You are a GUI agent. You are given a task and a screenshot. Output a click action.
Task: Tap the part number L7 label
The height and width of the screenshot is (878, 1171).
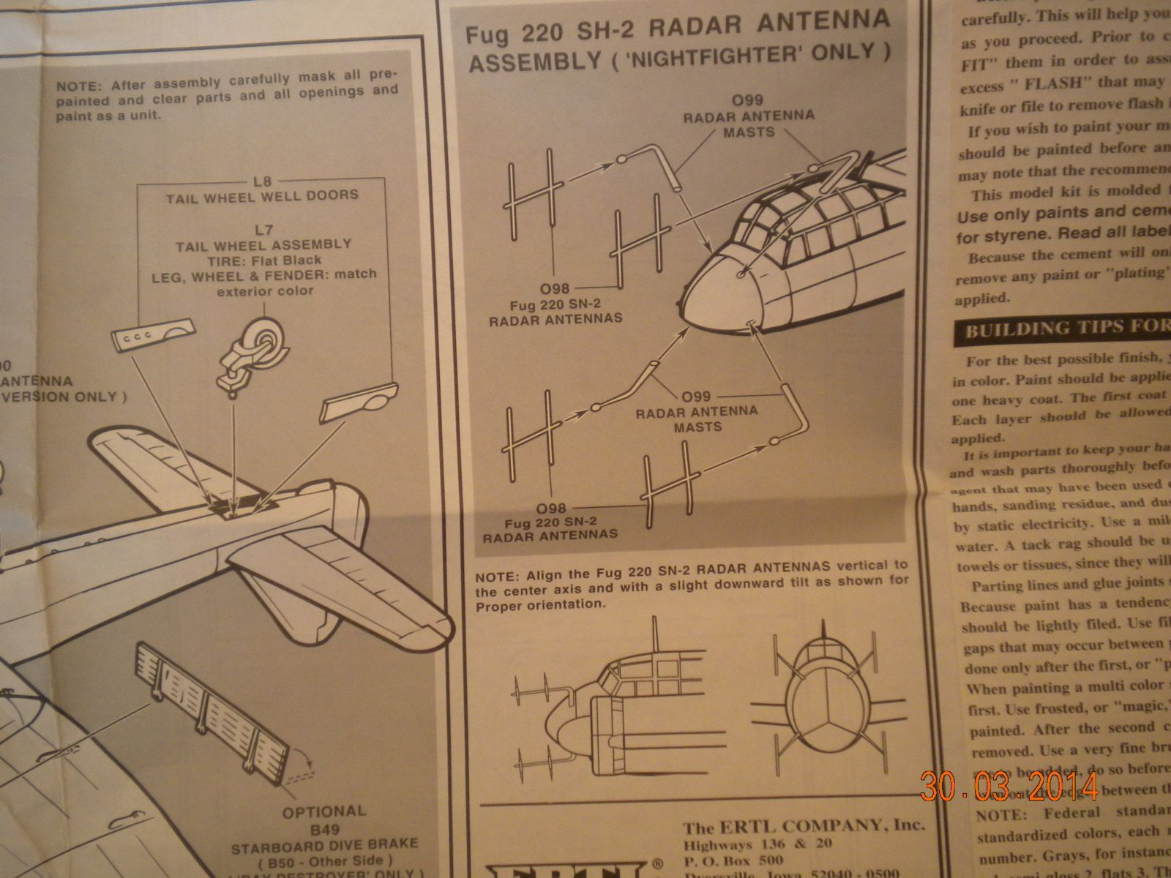(261, 228)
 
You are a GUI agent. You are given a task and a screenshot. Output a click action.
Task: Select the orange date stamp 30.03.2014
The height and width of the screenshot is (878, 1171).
(1010, 787)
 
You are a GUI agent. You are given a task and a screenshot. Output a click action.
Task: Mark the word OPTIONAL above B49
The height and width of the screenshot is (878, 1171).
(324, 811)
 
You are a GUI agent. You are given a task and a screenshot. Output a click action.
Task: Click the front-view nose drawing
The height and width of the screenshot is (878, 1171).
(823, 691)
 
